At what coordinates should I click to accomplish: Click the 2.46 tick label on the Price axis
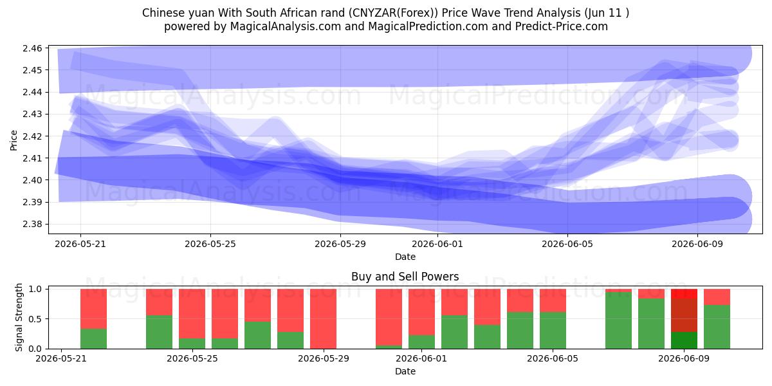pos(32,48)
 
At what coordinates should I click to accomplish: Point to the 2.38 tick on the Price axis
pos(32,224)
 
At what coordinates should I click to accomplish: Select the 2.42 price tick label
pos(32,136)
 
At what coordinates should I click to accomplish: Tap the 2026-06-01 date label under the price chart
pos(437,244)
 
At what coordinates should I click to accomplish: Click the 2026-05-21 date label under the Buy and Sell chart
pos(61,358)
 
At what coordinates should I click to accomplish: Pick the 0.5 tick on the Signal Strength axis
pos(35,319)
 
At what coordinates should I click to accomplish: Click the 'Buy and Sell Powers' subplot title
pos(405,277)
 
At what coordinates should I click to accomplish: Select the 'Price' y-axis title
pos(14,140)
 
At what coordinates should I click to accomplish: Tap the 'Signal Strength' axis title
pos(19,317)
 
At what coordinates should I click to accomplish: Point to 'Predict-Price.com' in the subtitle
pos(562,26)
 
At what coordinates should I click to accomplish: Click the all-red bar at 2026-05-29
pos(323,319)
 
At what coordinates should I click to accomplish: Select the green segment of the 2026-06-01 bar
pos(421,342)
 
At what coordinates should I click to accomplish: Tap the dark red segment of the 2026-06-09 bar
pos(684,315)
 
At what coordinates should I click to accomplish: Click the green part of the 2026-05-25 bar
pos(192,344)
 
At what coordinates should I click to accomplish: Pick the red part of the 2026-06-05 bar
pos(553,300)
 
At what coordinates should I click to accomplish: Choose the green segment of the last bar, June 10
pos(717,327)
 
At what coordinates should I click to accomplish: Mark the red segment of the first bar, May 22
pos(93,309)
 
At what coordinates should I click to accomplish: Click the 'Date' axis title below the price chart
pos(405,257)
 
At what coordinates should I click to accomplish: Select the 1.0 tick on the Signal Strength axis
pos(35,289)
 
